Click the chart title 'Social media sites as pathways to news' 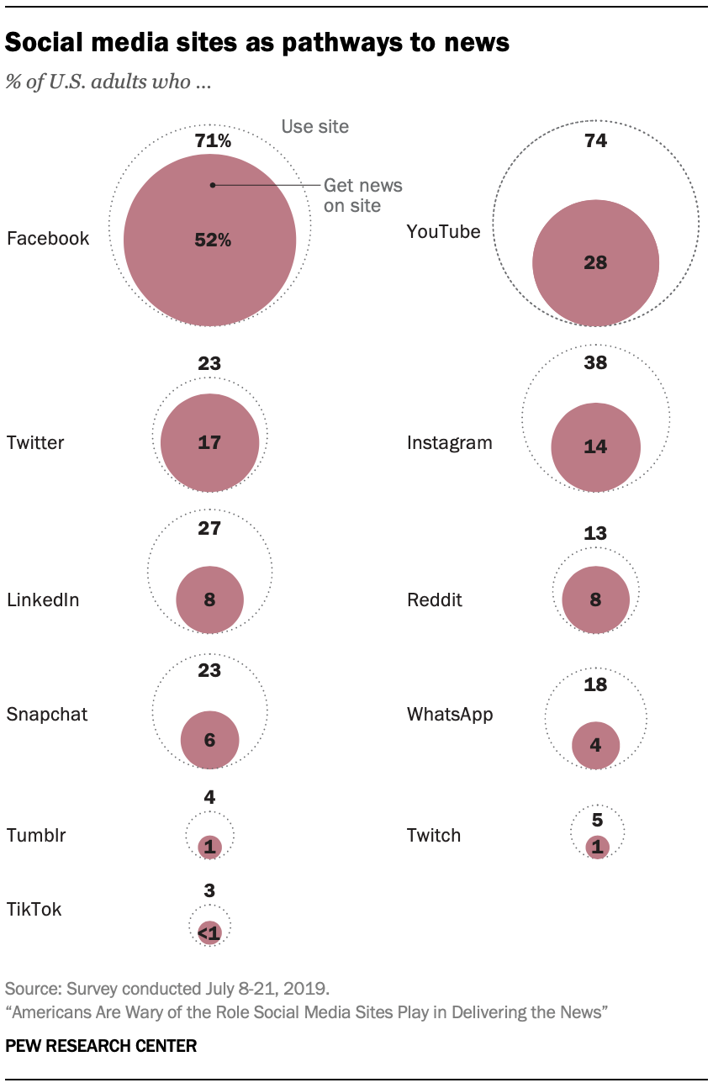[257, 43]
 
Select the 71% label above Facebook [213, 140]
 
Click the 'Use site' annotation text [314, 126]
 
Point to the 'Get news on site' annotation [362, 195]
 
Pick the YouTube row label [443, 231]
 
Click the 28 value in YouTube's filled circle [595, 263]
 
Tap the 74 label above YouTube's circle [595, 140]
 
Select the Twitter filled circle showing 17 [209, 442]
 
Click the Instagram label [449, 442]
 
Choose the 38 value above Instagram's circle [595, 363]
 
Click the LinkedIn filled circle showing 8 [209, 600]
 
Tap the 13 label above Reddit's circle [595, 533]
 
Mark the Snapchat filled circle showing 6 [209, 740]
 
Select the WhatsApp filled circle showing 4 [595, 745]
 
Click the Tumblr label [36, 835]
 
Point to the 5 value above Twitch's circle [596, 819]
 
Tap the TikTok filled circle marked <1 [209, 932]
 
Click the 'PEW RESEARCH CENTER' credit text [101, 1046]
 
